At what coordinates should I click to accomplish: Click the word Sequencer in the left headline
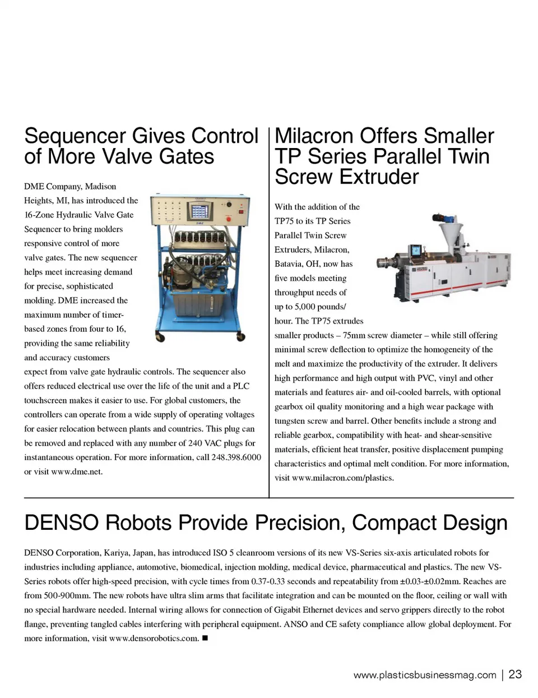point(75,137)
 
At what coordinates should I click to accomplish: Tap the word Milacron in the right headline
point(314,136)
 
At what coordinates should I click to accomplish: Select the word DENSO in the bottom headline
point(61,523)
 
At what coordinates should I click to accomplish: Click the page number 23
point(515,674)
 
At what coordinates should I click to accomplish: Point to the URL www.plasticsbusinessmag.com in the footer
point(425,675)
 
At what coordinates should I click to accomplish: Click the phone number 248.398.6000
point(236,457)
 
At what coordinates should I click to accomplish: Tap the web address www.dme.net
point(77,472)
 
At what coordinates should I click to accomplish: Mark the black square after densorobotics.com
point(205,638)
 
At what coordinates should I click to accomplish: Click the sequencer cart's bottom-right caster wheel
point(241,336)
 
